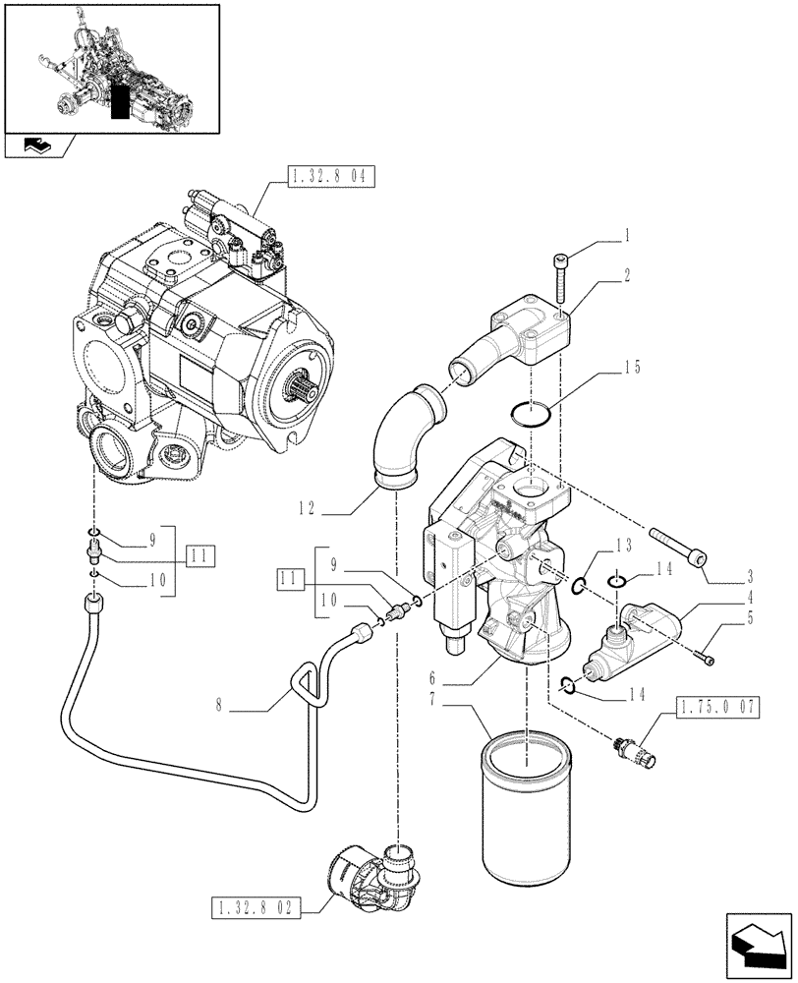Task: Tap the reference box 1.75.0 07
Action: click(x=714, y=705)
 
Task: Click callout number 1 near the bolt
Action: click(x=626, y=237)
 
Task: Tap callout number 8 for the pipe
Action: click(x=233, y=703)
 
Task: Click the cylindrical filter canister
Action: click(x=525, y=812)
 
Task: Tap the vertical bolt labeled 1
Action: click(x=561, y=277)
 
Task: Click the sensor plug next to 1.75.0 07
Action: click(x=631, y=750)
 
